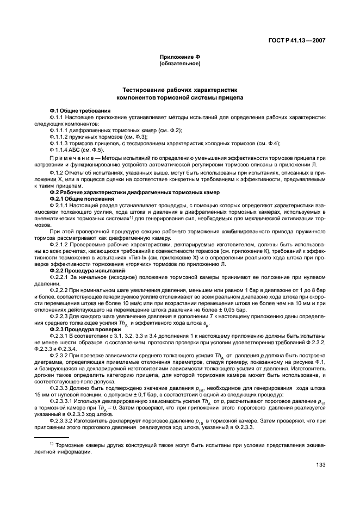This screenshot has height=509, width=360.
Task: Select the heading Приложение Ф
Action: [179, 57]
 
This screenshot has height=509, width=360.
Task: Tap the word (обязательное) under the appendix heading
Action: [179, 64]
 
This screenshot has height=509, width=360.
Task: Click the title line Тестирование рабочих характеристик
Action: [179, 89]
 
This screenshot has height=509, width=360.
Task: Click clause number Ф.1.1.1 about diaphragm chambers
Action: [60, 131]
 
